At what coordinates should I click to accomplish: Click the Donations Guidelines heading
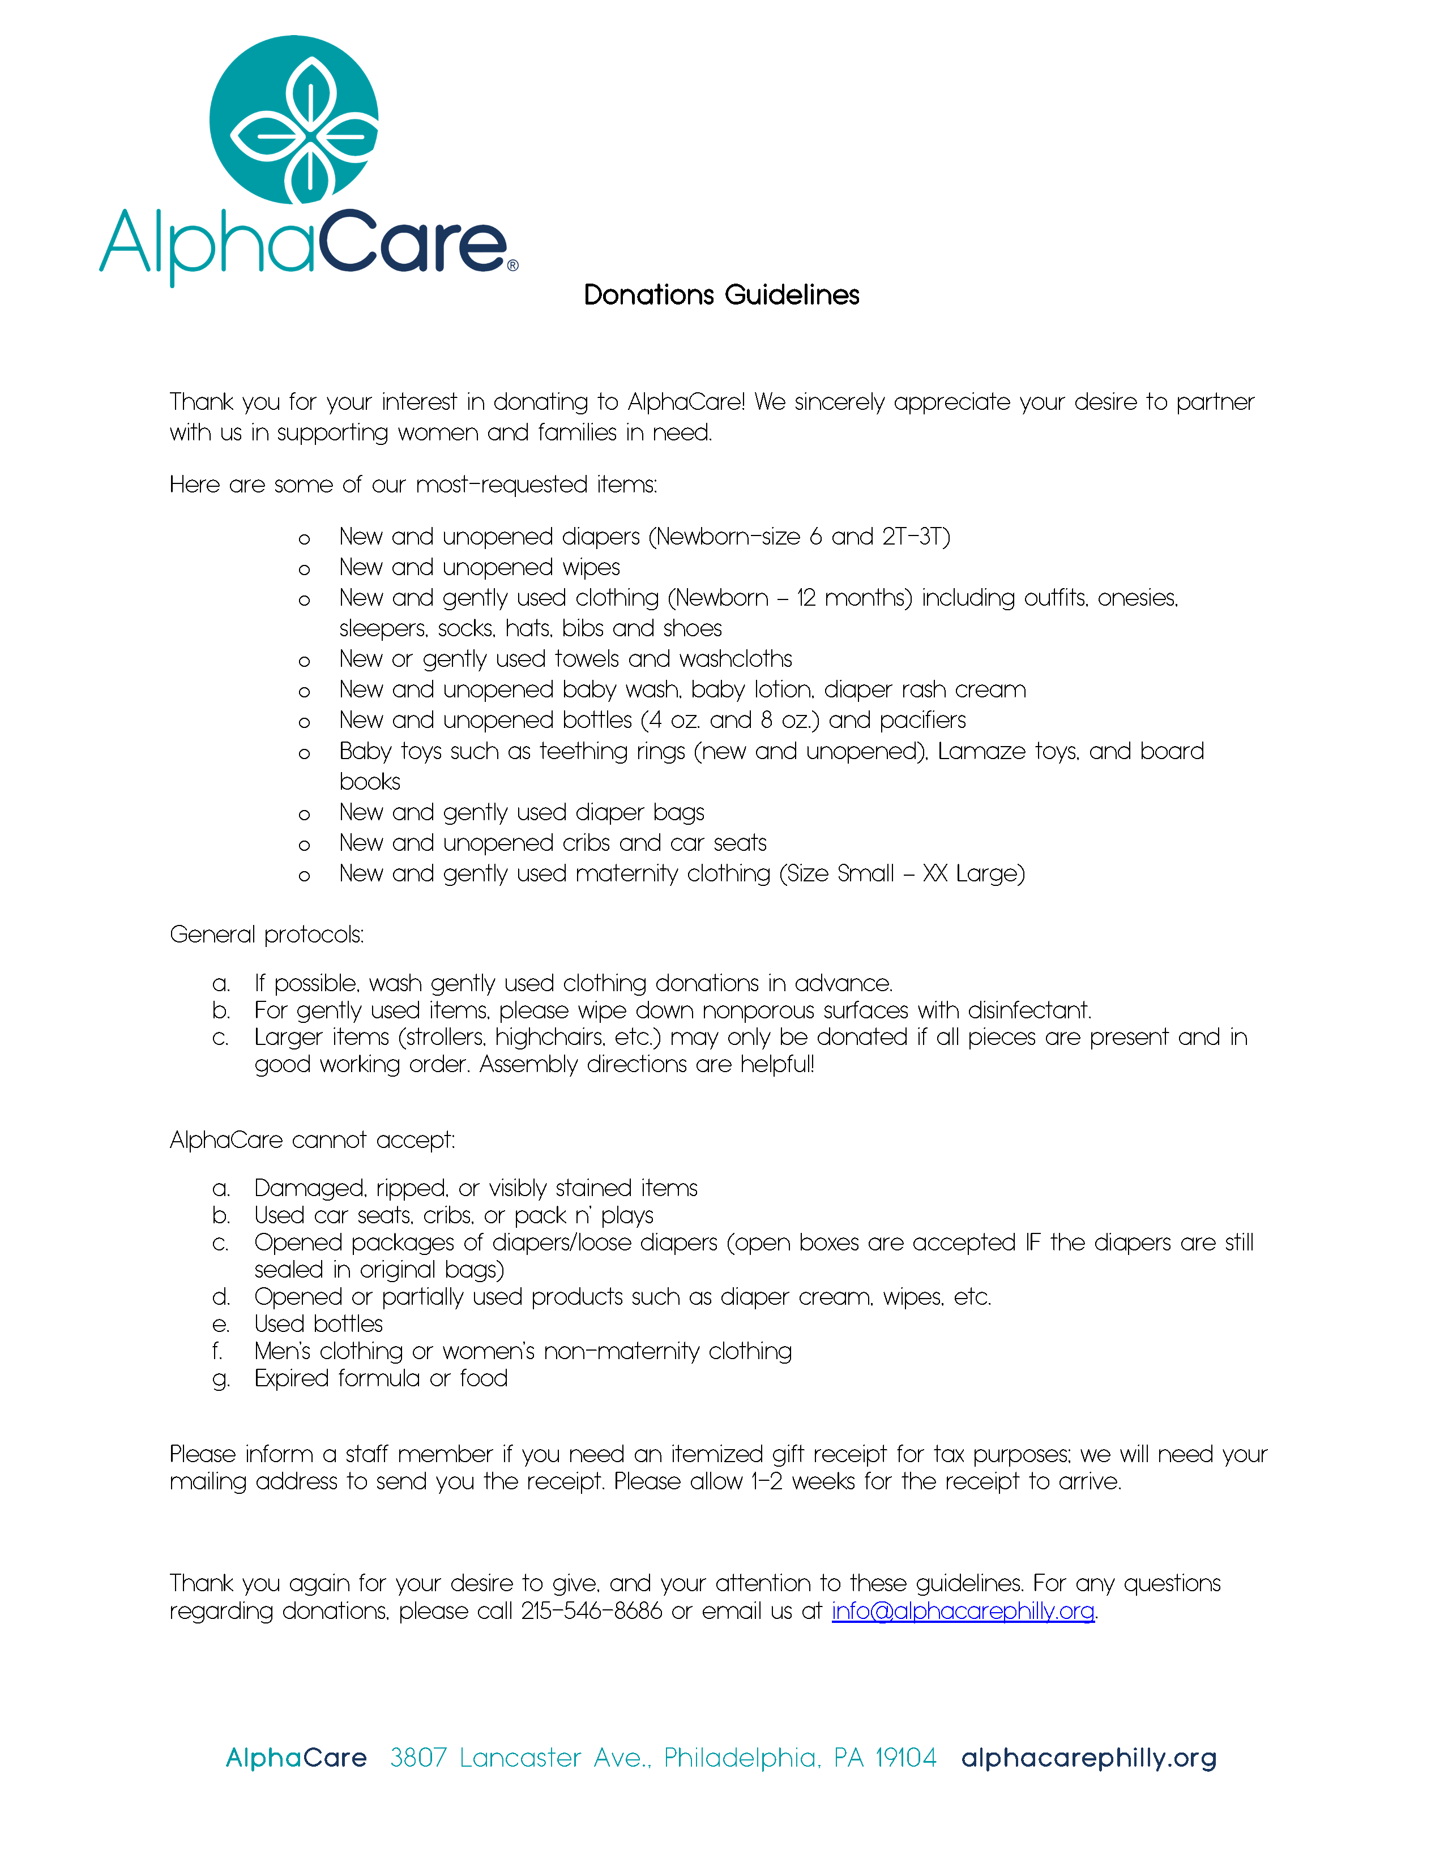(x=721, y=295)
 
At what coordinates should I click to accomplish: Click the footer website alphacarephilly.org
(x=1088, y=1759)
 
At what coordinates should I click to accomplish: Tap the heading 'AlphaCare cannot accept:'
(x=312, y=1140)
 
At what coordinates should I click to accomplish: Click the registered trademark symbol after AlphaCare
(x=512, y=266)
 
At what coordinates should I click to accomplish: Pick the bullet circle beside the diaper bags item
(x=304, y=814)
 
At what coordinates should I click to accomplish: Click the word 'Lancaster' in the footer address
(x=520, y=1759)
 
